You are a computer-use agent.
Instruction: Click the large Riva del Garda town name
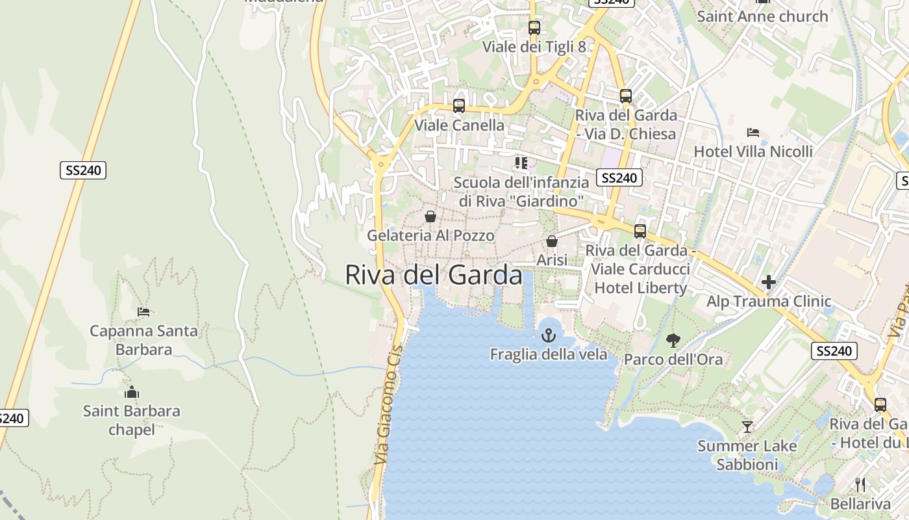click(433, 275)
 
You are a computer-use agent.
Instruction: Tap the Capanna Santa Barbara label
click(143, 340)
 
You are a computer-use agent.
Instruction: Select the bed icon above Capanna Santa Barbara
click(143, 312)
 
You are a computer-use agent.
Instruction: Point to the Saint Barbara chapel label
click(132, 420)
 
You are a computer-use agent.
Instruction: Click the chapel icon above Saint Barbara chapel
click(132, 392)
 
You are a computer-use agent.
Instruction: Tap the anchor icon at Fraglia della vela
click(549, 335)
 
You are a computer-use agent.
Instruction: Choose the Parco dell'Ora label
click(673, 359)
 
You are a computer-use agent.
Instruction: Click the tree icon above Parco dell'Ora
click(673, 339)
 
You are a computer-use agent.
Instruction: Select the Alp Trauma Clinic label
click(769, 301)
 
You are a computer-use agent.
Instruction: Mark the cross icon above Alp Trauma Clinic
click(769, 282)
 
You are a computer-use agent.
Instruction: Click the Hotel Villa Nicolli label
click(753, 151)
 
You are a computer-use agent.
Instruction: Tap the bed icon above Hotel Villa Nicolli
click(753, 133)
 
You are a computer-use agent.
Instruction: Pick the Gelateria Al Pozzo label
click(430, 235)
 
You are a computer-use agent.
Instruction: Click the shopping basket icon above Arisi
click(552, 241)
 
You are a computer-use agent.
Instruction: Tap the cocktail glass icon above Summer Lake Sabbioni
click(747, 426)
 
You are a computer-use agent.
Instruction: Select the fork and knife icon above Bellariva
click(860, 485)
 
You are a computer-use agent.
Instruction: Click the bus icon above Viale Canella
click(459, 105)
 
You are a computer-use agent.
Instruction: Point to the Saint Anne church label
click(762, 16)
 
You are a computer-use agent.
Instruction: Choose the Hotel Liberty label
click(640, 287)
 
